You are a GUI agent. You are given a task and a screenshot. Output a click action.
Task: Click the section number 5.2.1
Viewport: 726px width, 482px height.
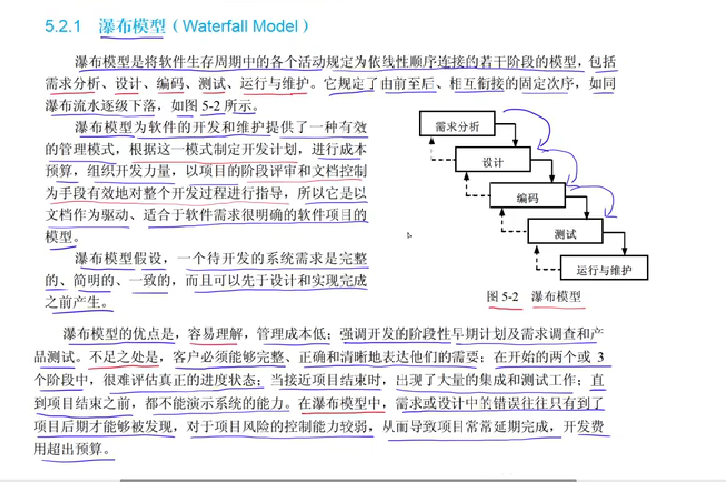[x=63, y=26]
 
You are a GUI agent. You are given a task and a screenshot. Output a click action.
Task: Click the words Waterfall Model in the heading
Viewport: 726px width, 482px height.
[x=240, y=26]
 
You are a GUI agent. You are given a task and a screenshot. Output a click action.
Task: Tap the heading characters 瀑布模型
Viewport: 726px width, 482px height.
[x=132, y=26]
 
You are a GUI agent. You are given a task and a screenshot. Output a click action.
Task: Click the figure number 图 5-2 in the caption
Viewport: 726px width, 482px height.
[x=502, y=297]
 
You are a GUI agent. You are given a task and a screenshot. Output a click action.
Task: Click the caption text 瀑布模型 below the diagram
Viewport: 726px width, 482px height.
[x=556, y=297]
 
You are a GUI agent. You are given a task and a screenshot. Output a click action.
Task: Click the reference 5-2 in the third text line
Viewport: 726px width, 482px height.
[x=211, y=105]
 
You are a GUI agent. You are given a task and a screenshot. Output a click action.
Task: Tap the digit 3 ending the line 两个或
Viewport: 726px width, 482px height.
[x=600, y=357]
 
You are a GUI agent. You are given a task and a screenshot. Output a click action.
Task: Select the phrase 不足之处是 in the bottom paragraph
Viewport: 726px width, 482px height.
[x=123, y=357]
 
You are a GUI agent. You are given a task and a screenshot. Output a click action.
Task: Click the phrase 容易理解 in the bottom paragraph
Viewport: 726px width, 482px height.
[x=215, y=334]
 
